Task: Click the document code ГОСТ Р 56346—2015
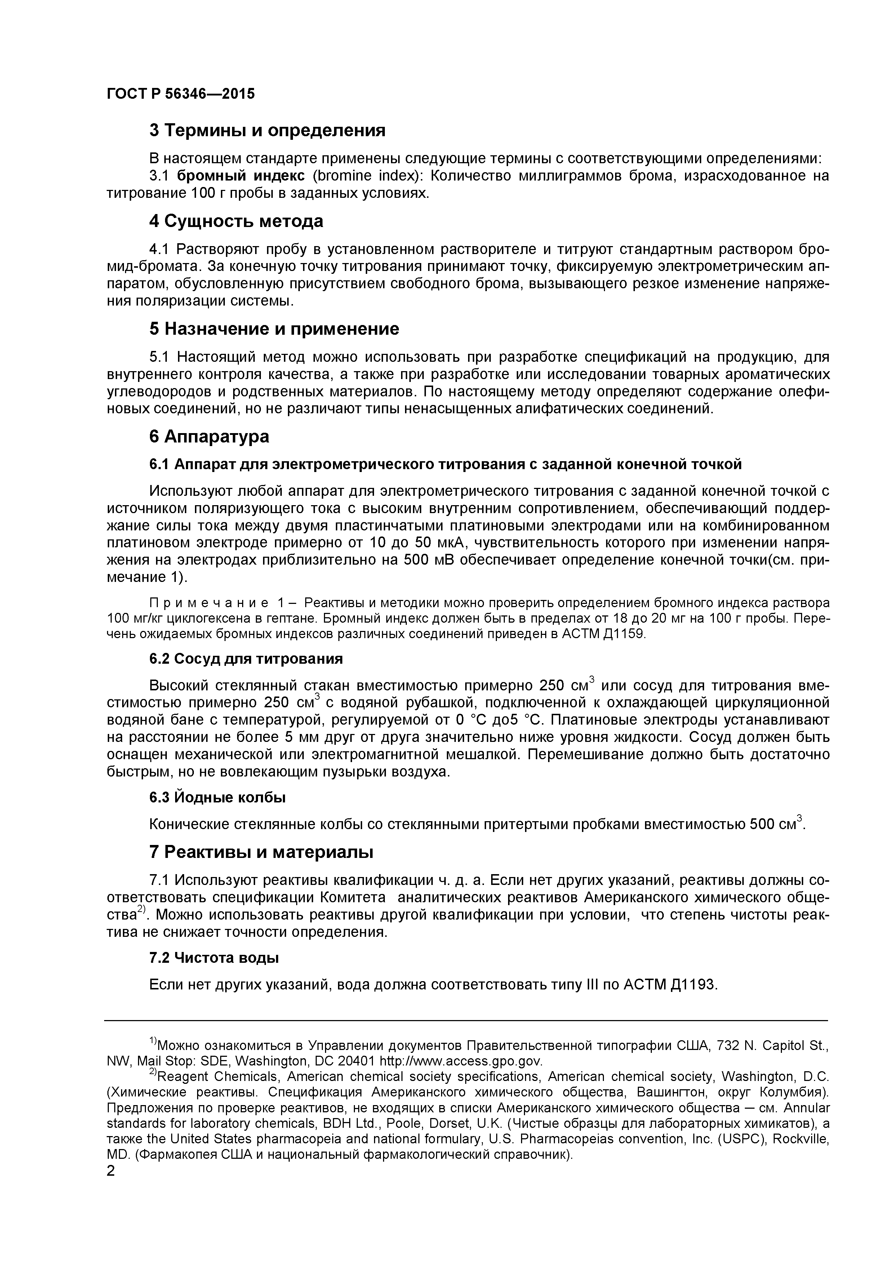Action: (x=181, y=94)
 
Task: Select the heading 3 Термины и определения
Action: (x=267, y=130)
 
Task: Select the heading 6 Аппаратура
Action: (x=209, y=437)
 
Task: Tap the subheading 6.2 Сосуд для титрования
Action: (x=246, y=659)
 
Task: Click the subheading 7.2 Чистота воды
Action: (x=214, y=958)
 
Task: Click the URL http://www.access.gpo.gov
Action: (x=461, y=1060)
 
